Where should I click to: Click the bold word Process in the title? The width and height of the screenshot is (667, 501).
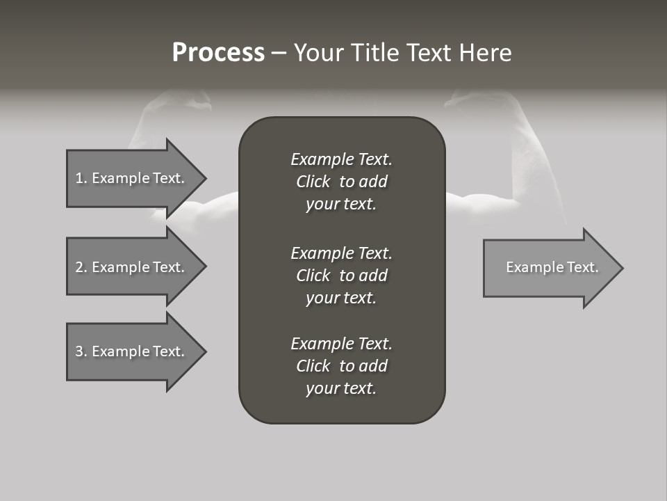[x=218, y=53]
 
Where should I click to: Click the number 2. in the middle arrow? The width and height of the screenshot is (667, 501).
[x=81, y=267]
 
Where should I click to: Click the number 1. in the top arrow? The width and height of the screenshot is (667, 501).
[x=81, y=178]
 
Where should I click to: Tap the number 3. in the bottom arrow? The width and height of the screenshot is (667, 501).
[x=81, y=351]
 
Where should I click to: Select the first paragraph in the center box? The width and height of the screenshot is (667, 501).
[x=341, y=182]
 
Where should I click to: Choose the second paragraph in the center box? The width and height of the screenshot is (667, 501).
[x=341, y=275]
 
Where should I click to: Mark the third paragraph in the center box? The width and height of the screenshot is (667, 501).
[x=341, y=366]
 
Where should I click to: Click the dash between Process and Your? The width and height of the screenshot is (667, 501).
[x=279, y=53]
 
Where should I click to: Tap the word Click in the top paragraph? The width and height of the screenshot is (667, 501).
[x=313, y=182]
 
